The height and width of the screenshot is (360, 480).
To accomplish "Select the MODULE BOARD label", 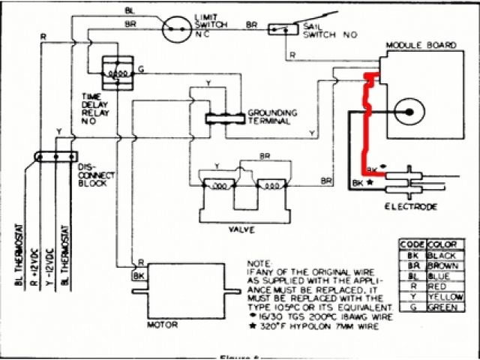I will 421,46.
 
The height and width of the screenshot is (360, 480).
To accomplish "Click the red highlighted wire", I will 368,120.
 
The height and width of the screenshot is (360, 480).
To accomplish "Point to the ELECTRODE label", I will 410,205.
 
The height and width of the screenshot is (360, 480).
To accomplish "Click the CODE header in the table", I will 412,244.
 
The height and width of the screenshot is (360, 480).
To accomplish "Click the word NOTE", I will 257,264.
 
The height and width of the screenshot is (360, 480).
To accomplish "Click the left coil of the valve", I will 217,186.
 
